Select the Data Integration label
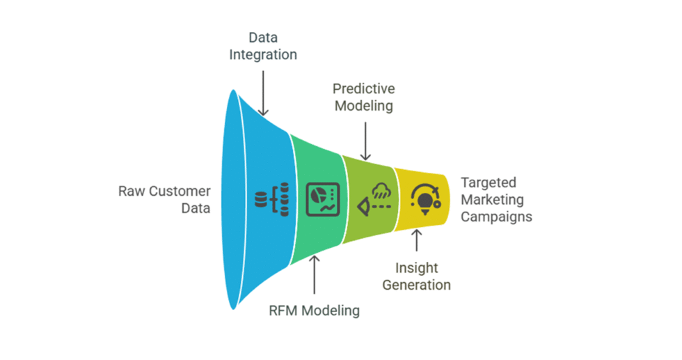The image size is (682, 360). (263, 45)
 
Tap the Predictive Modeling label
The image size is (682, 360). (363, 97)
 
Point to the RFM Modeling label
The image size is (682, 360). (314, 311)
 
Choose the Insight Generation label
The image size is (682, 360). (417, 276)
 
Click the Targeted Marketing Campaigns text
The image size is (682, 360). (496, 199)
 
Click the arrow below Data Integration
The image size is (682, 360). (263, 90)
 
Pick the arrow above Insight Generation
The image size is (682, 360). (417, 240)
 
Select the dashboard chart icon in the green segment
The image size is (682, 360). (322, 199)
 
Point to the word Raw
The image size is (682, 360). (132, 191)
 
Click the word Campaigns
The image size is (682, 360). (496, 216)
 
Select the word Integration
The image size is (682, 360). (263, 54)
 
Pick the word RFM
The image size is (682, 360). (283, 311)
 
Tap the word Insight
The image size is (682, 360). (417, 267)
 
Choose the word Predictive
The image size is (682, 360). (363, 89)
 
